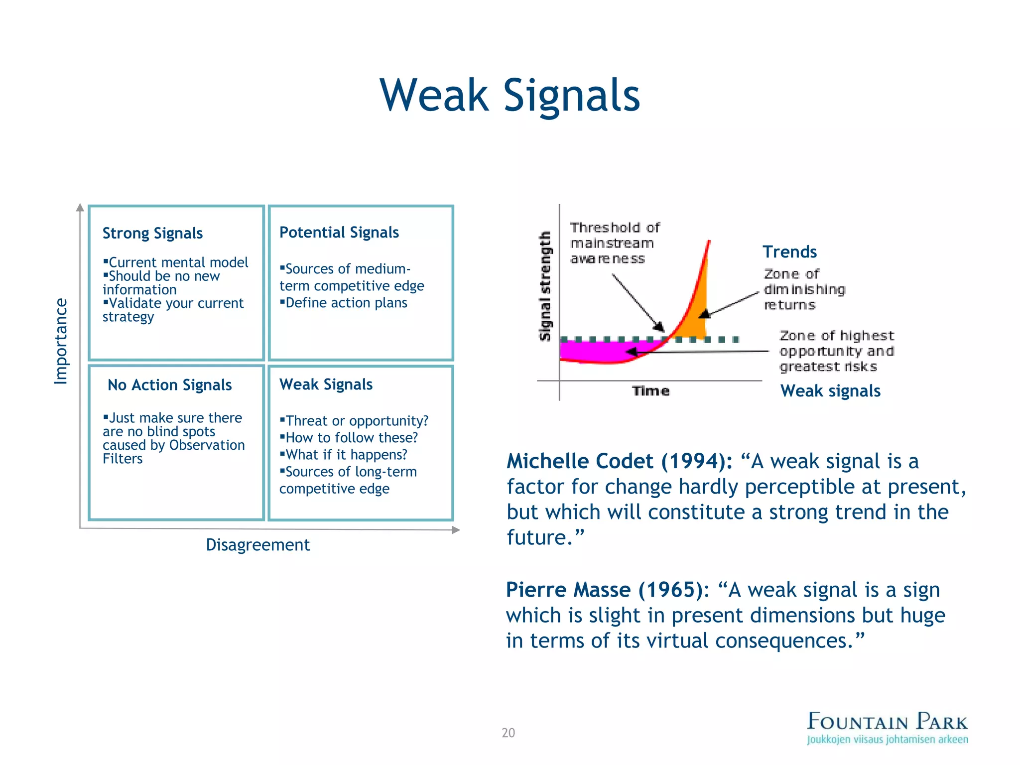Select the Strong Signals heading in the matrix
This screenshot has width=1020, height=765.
(152, 233)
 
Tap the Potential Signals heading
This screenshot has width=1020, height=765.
(339, 232)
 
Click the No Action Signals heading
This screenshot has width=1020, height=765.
(169, 385)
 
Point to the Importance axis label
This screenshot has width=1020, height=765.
(61, 341)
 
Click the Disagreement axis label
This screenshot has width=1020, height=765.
(257, 545)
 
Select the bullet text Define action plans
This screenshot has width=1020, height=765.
(346, 303)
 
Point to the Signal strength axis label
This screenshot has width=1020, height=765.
(545, 286)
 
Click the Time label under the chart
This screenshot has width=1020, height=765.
(650, 391)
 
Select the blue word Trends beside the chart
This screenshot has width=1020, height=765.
(789, 252)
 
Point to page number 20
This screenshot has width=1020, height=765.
(508, 733)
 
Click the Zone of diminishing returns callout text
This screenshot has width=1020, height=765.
(803, 289)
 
